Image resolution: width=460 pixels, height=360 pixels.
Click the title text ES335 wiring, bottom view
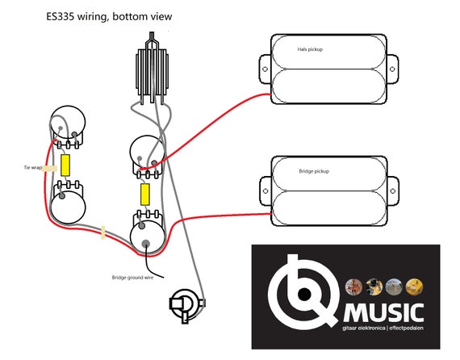[x=109, y=17]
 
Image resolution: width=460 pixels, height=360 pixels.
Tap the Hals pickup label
[x=310, y=49]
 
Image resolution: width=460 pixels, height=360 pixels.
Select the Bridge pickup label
[x=314, y=171]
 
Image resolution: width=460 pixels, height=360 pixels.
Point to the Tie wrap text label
[x=32, y=168]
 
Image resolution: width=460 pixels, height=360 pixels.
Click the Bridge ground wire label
[x=132, y=277]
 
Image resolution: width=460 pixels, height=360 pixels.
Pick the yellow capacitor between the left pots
[x=65, y=165]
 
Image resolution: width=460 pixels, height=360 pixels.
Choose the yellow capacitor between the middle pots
[x=145, y=195]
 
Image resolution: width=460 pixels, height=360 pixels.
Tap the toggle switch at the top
[x=152, y=68]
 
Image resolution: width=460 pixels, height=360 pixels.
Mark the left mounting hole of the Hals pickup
[x=265, y=69]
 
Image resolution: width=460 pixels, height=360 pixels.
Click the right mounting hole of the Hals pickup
[x=392, y=69]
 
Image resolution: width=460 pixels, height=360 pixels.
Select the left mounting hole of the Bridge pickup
[x=266, y=191]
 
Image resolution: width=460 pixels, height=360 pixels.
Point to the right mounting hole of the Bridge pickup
[x=392, y=191]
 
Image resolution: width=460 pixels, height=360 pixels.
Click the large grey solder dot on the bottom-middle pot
[x=146, y=243]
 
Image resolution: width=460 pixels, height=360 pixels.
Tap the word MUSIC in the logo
[x=383, y=313]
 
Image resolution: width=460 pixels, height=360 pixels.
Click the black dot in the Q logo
[x=304, y=293]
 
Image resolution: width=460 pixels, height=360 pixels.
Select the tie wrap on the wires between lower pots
[x=103, y=232]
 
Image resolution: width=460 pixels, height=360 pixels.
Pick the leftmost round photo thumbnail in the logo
[x=353, y=287]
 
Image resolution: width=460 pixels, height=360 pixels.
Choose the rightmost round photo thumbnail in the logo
[x=414, y=287]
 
